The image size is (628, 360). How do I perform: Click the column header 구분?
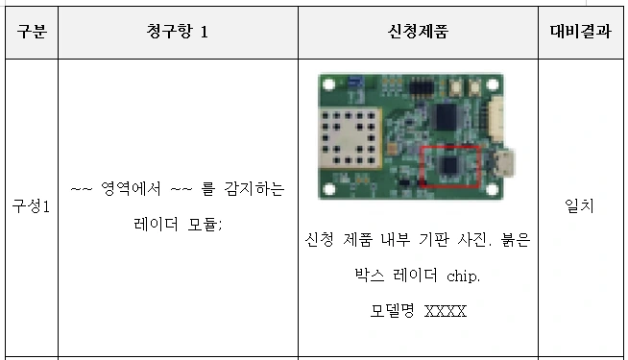point(32,32)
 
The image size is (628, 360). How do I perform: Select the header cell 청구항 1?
point(177,32)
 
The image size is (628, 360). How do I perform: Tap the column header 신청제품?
point(418,32)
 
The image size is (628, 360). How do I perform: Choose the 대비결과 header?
point(580,32)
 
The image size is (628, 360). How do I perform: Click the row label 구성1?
point(32,206)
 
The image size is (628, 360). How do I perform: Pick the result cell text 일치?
point(579,205)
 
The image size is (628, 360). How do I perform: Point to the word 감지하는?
point(254,188)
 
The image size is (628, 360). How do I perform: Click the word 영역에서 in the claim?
point(131,188)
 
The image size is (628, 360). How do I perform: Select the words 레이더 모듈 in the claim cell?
point(177,224)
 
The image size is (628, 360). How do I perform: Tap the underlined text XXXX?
point(446,311)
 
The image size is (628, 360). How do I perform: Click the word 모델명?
point(392,311)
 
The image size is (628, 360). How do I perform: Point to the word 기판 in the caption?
point(434,239)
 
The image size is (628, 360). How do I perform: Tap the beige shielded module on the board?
point(350,137)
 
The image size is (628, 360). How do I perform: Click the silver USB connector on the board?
point(504,162)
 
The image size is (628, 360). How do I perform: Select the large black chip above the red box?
point(447,116)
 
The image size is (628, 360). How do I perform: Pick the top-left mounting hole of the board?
point(328,84)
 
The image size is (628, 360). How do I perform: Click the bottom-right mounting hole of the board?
point(493,188)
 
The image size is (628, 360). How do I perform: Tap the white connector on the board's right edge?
point(496,119)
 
